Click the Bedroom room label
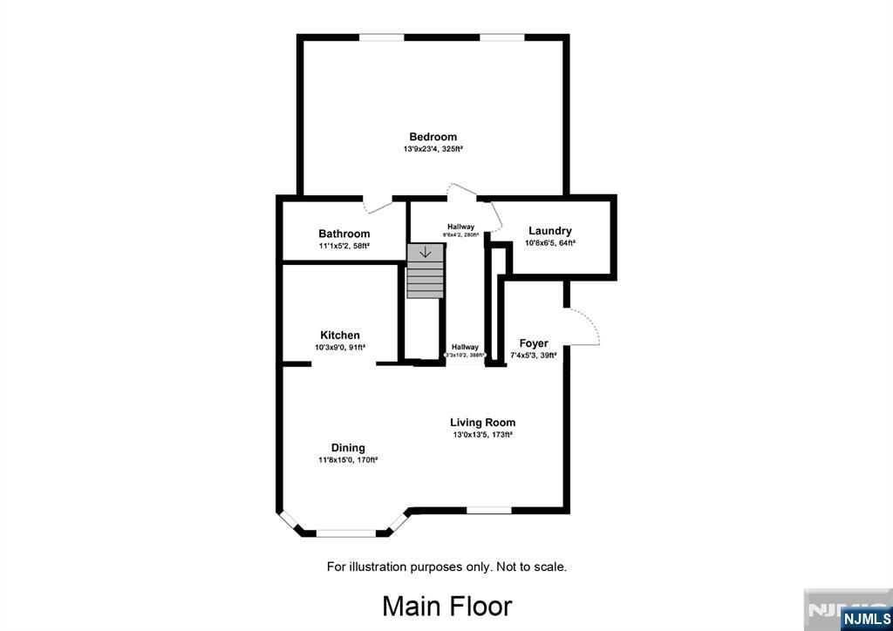point(433,137)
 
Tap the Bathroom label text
point(344,234)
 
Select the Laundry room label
point(549,231)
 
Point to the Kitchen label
point(340,335)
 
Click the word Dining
point(348,448)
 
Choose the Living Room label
point(482,423)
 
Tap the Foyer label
point(534,343)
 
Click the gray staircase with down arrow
point(425,271)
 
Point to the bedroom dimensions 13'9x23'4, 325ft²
point(433,150)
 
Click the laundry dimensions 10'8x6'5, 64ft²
point(549,244)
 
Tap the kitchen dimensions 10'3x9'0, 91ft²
point(340,347)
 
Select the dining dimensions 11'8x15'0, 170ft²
point(348,460)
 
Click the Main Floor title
point(446,606)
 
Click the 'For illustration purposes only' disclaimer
point(446,567)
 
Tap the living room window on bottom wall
point(488,510)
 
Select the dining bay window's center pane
point(346,533)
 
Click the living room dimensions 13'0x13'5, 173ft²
point(482,435)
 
